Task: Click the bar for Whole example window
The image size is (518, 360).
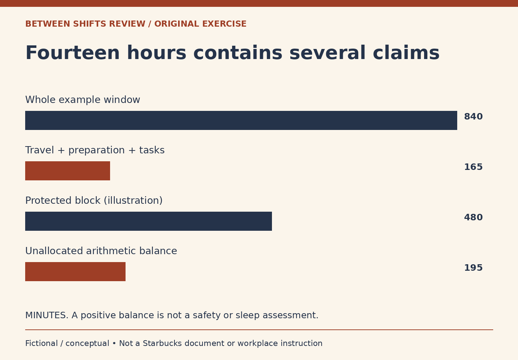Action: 241,120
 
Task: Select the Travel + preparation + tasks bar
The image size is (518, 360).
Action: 68,171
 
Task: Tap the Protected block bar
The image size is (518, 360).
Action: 149,221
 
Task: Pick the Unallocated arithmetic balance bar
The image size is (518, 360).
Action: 76,271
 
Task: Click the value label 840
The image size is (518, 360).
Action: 473,117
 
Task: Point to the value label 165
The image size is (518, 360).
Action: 473,167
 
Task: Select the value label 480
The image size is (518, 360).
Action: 473,217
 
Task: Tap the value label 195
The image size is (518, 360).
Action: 473,268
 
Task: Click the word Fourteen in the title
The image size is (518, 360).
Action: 72,53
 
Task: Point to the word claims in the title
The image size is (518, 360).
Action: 406,53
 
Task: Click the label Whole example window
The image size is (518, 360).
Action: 83,100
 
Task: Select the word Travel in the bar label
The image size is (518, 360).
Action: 40,150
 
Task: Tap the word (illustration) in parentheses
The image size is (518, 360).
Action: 133,201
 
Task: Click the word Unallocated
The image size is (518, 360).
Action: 54,251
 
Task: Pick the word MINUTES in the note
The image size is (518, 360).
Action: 47,316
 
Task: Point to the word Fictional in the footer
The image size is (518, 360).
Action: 41,343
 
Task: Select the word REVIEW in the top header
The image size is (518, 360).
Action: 127,24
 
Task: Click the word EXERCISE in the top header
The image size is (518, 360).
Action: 224,24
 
